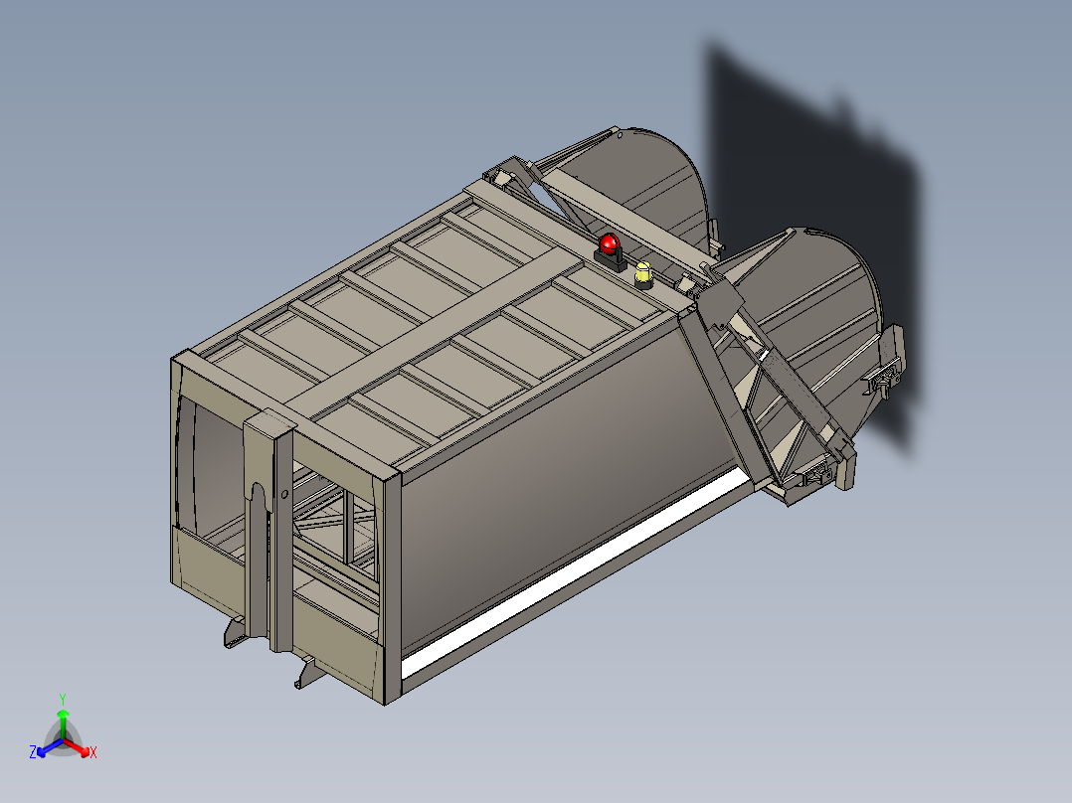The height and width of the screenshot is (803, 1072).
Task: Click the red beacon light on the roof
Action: coord(609,243)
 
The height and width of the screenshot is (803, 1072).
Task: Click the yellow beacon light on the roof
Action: coord(643,270)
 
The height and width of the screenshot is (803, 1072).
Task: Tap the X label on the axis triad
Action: coord(93,753)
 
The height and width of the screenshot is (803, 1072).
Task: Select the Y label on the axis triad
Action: coord(62,699)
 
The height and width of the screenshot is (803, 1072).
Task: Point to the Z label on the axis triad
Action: coord(33,752)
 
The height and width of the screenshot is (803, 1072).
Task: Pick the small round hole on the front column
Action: coord(285,493)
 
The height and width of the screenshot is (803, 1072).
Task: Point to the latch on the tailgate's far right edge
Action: coord(883,378)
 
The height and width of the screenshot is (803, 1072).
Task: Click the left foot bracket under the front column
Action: coord(235,631)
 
